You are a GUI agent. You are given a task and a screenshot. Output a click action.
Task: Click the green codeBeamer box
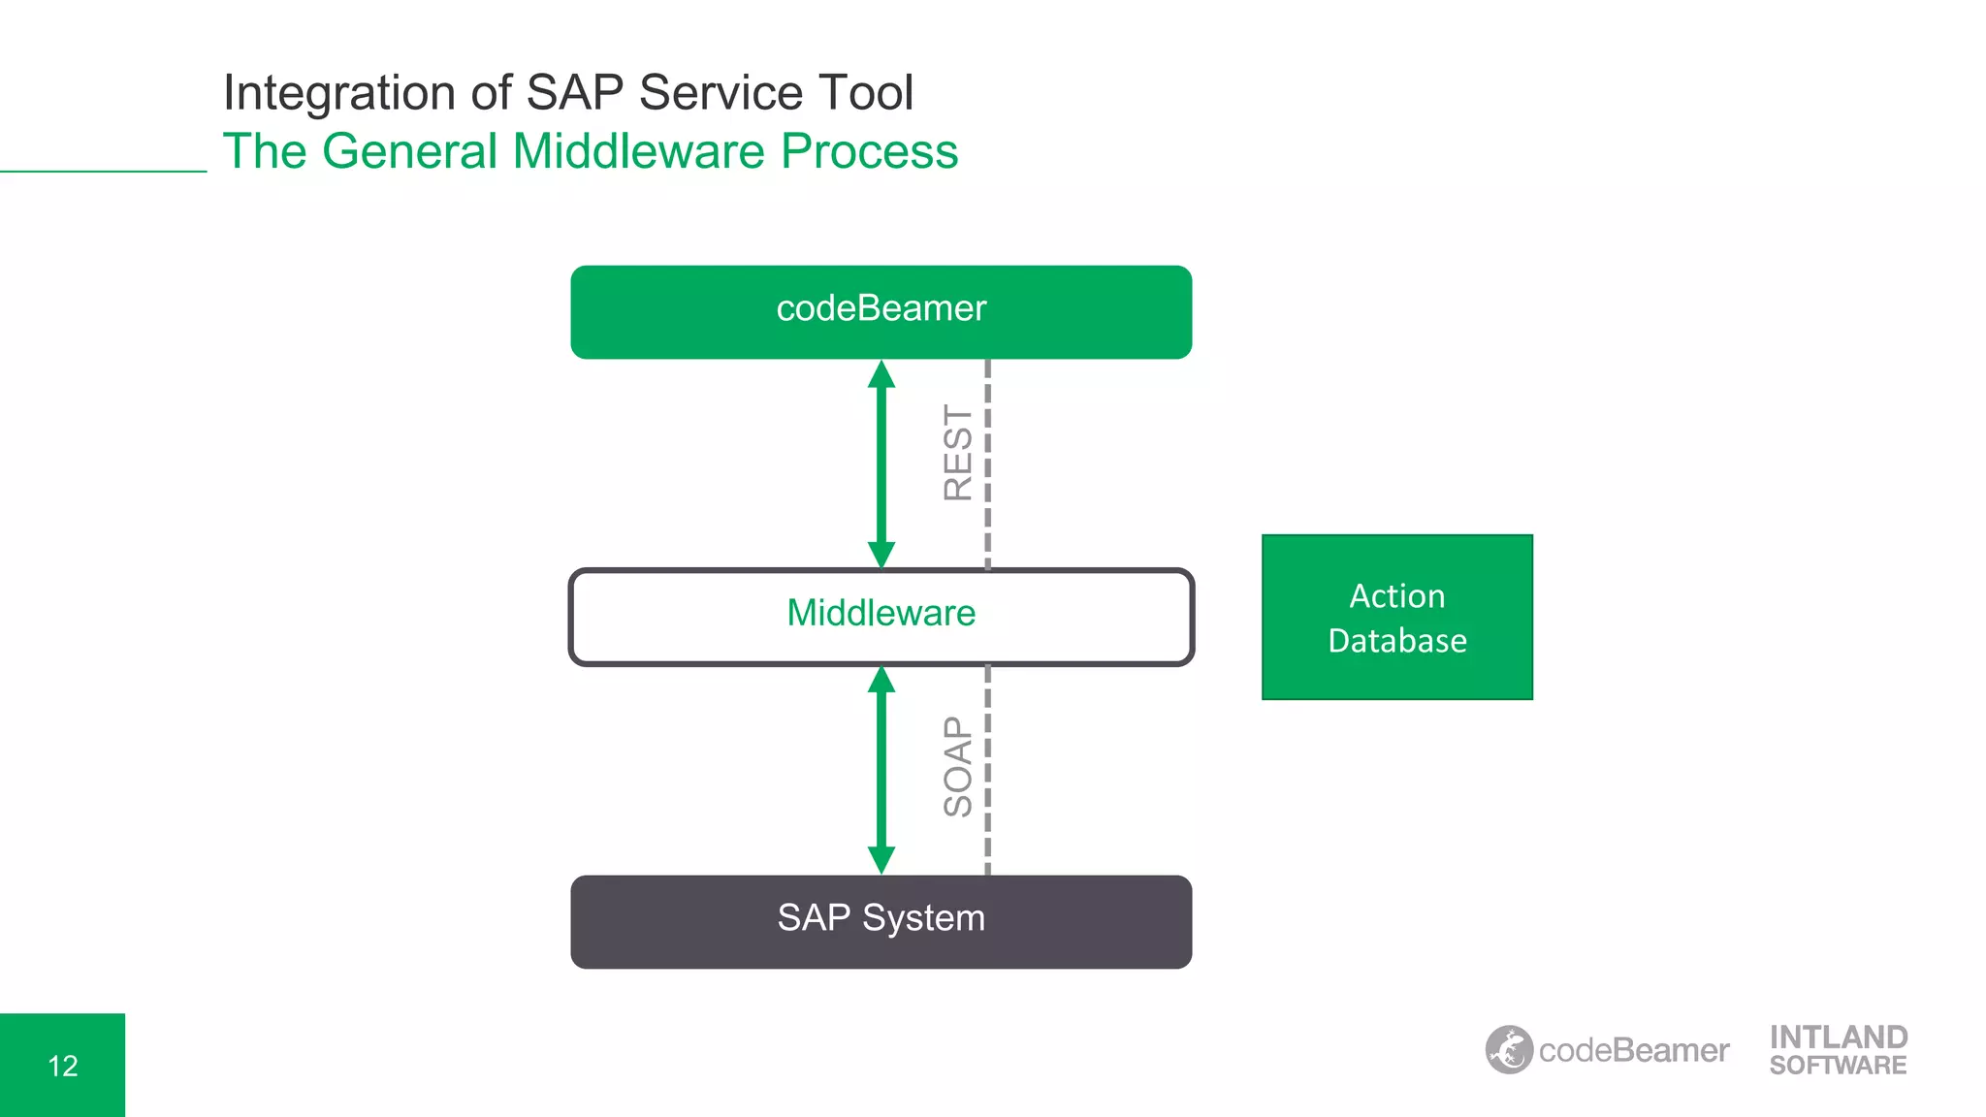pyautogui.click(x=881, y=311)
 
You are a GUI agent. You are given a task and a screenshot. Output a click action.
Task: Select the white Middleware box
pyautogui.click(x=881, y=616)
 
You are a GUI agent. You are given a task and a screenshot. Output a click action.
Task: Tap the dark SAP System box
pyautogui.click(x=881, y=920)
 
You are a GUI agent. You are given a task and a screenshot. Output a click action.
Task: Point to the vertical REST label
pyautogui.click(x=957, y=453)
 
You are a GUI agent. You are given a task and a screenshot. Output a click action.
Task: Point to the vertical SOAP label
pyautogui.click(x=957, y=766)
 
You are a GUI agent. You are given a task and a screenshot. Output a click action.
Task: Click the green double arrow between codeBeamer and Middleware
pyautogui.click(x=881, y=463)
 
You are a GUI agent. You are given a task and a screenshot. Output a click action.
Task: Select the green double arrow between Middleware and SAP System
pyautogui.click(x=881, y=769)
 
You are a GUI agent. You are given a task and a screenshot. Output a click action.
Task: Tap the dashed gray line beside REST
pyautogui.click(x=987, y=463)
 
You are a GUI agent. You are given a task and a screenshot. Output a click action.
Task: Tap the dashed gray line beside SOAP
pyautogui.click(x=987, y=769)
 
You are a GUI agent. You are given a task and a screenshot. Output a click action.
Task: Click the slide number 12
pyautogui.click(x=63, y=1066)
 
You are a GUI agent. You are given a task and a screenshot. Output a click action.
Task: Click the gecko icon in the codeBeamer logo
pyautogui.click(x=1509, y=1049)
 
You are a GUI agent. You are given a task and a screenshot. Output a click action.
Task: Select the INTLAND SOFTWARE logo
pyautogui.click(x=1838, y=1050)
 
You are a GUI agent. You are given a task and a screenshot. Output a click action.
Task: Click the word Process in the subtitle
pyautogui.click(x=869, y=151)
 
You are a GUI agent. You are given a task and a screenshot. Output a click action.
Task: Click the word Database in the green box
pyautogui.click(x=1396, y=641)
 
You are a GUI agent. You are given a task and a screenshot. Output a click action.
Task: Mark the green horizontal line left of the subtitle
pyautogui.click(x=103, y=172)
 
